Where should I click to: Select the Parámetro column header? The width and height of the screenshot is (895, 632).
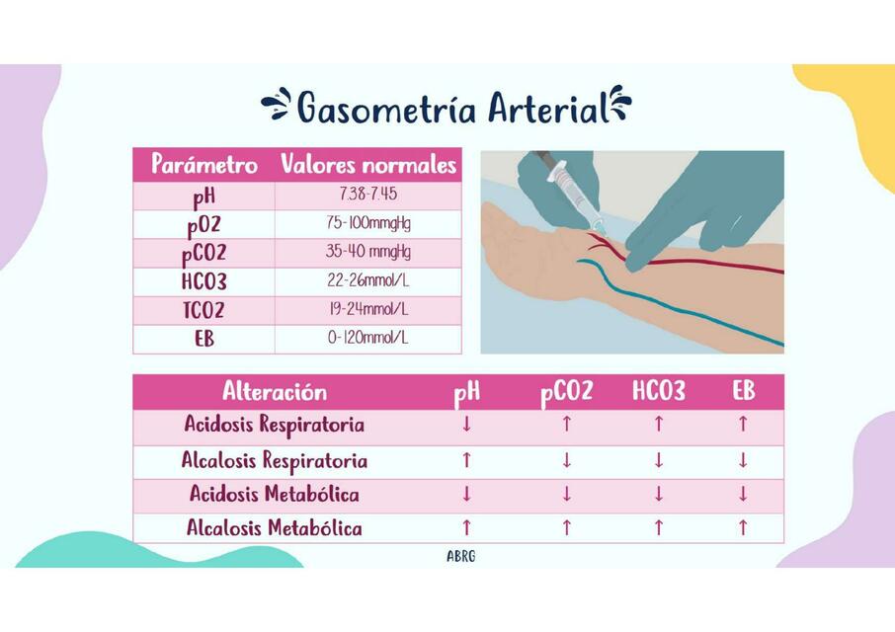click(x=204, y=164)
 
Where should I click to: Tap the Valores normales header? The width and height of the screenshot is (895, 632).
click(x=368, y=164)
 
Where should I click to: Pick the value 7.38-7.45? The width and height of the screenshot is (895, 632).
click(x=367, y=194)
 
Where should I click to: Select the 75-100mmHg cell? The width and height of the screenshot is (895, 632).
click(x=367, y=222)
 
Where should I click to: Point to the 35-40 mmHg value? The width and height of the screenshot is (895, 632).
click(x=367, y=251)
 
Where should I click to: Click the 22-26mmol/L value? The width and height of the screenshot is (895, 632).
click(x=367, y=280)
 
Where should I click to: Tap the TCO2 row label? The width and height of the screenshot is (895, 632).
click(x=203, y=310)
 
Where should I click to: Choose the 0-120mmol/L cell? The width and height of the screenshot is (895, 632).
click(x=367, y=338)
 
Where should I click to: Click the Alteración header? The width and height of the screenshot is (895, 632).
click(x=275, y=391)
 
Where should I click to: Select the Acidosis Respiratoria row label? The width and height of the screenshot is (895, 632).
click(x=275, y=426)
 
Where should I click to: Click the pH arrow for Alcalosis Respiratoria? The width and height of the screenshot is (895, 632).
click(x=467, y=460)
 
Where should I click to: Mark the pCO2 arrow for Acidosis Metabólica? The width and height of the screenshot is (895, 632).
click(x=566, y=494)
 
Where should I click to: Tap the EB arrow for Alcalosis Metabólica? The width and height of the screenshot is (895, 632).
click(x=743, y=528)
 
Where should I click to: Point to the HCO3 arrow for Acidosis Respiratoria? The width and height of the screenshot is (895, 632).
click(x=658, y=426)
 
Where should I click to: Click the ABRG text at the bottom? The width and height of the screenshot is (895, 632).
click(x=460, y=556)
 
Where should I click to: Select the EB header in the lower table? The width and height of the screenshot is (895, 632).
click(x=743, y=391)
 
